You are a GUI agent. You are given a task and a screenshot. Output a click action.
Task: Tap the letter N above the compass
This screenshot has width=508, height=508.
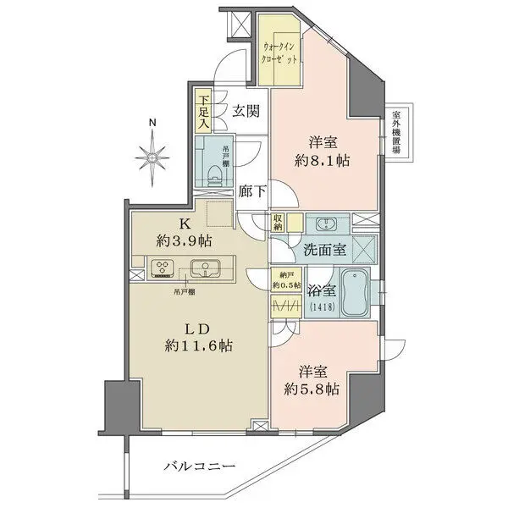153,124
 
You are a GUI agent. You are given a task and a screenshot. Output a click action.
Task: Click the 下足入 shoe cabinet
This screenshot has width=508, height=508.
203,112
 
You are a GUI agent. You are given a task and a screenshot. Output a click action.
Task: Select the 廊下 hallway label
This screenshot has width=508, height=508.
251,191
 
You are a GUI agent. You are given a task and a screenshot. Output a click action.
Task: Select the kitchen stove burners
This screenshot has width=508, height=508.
162,270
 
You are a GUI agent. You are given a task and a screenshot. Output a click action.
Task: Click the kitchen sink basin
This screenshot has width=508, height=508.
206,270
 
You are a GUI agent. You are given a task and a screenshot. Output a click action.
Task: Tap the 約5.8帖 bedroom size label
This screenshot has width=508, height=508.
311,390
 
